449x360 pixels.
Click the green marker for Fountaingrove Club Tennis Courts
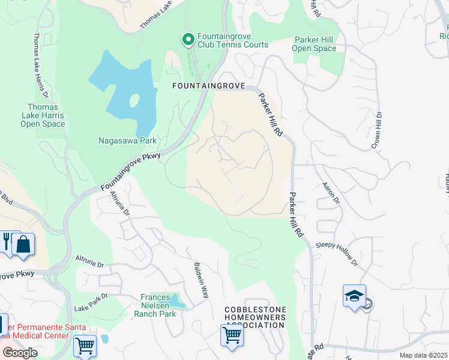188,40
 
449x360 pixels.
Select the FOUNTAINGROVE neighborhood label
209,86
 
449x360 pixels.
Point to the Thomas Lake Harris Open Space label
43,114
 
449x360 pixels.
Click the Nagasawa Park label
127,141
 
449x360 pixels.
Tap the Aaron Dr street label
331,193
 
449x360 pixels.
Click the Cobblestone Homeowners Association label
255,317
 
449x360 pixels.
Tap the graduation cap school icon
354,296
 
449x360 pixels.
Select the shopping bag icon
23,244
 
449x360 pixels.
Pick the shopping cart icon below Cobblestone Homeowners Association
232,335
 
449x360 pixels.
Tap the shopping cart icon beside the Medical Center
85,346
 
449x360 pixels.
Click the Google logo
20,353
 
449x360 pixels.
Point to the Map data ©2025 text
423,355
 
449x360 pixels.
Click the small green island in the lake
134,99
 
